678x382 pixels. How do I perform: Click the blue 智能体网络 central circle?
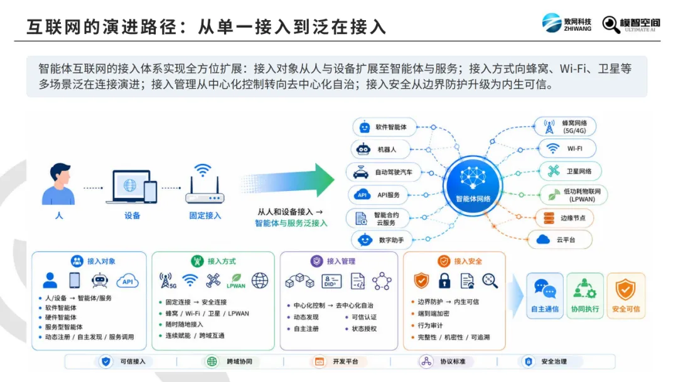point(473,185)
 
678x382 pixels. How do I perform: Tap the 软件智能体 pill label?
point(384,127)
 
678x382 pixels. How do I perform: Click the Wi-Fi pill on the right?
point(568,148)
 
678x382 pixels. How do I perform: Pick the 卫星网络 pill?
point(570,172)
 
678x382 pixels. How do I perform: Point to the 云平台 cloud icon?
point(543,239)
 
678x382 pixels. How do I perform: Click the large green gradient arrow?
point(287,180)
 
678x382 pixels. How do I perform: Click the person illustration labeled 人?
point(58,184)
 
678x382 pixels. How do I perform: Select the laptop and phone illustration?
point(131,187)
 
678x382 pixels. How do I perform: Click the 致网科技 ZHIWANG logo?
point(566,23)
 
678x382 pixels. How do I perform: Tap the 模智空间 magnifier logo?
point(631,25)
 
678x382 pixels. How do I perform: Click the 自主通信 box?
point(545,296)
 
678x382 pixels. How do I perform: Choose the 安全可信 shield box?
point(626,296)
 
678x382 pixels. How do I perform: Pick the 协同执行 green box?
point(585,296)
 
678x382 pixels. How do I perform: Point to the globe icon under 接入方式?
point(260,281)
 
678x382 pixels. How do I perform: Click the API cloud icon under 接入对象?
point(127,281)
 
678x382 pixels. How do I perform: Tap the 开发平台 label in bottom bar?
point(345,362)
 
